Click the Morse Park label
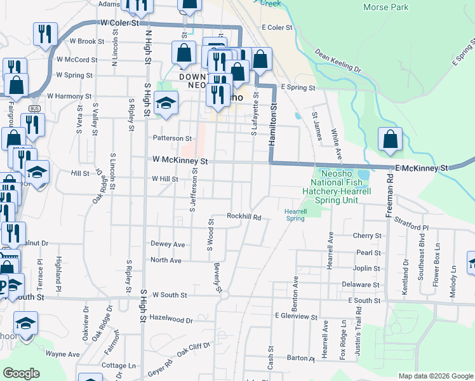click(385, 7)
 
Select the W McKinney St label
click(180, 161)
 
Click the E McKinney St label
click(422, 168)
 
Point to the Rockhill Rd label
click(244, 217)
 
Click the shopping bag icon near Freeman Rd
click(390, 140)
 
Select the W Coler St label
click(119, 23)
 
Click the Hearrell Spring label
click(295, 215)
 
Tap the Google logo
click(21, 373)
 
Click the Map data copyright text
click(435, 376)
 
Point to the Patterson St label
click(171, 138)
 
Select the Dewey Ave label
click(168, 244)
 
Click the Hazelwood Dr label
click(171, 320)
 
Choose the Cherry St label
click(366, 236)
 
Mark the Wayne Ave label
click(62, 354)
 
